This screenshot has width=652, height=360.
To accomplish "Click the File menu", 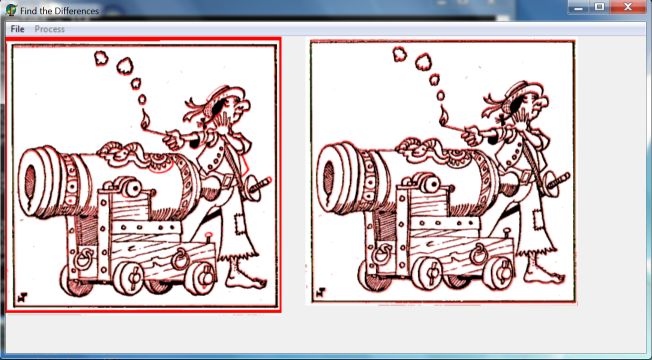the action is click(17, 29).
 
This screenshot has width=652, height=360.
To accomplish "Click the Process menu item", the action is click(49, 29).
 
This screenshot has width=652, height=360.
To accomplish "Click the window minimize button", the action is click(580, 7).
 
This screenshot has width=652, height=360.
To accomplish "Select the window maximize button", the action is click(600, 7).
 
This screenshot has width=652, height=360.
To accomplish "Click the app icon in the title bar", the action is click(11, 10).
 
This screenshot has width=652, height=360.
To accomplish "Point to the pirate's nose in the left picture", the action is click(244, 106).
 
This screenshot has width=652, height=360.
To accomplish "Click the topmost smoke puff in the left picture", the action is click(101, 58).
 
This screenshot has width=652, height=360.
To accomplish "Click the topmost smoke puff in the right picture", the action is click(400, 54).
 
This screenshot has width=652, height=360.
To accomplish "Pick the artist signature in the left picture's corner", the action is click(23, 297).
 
